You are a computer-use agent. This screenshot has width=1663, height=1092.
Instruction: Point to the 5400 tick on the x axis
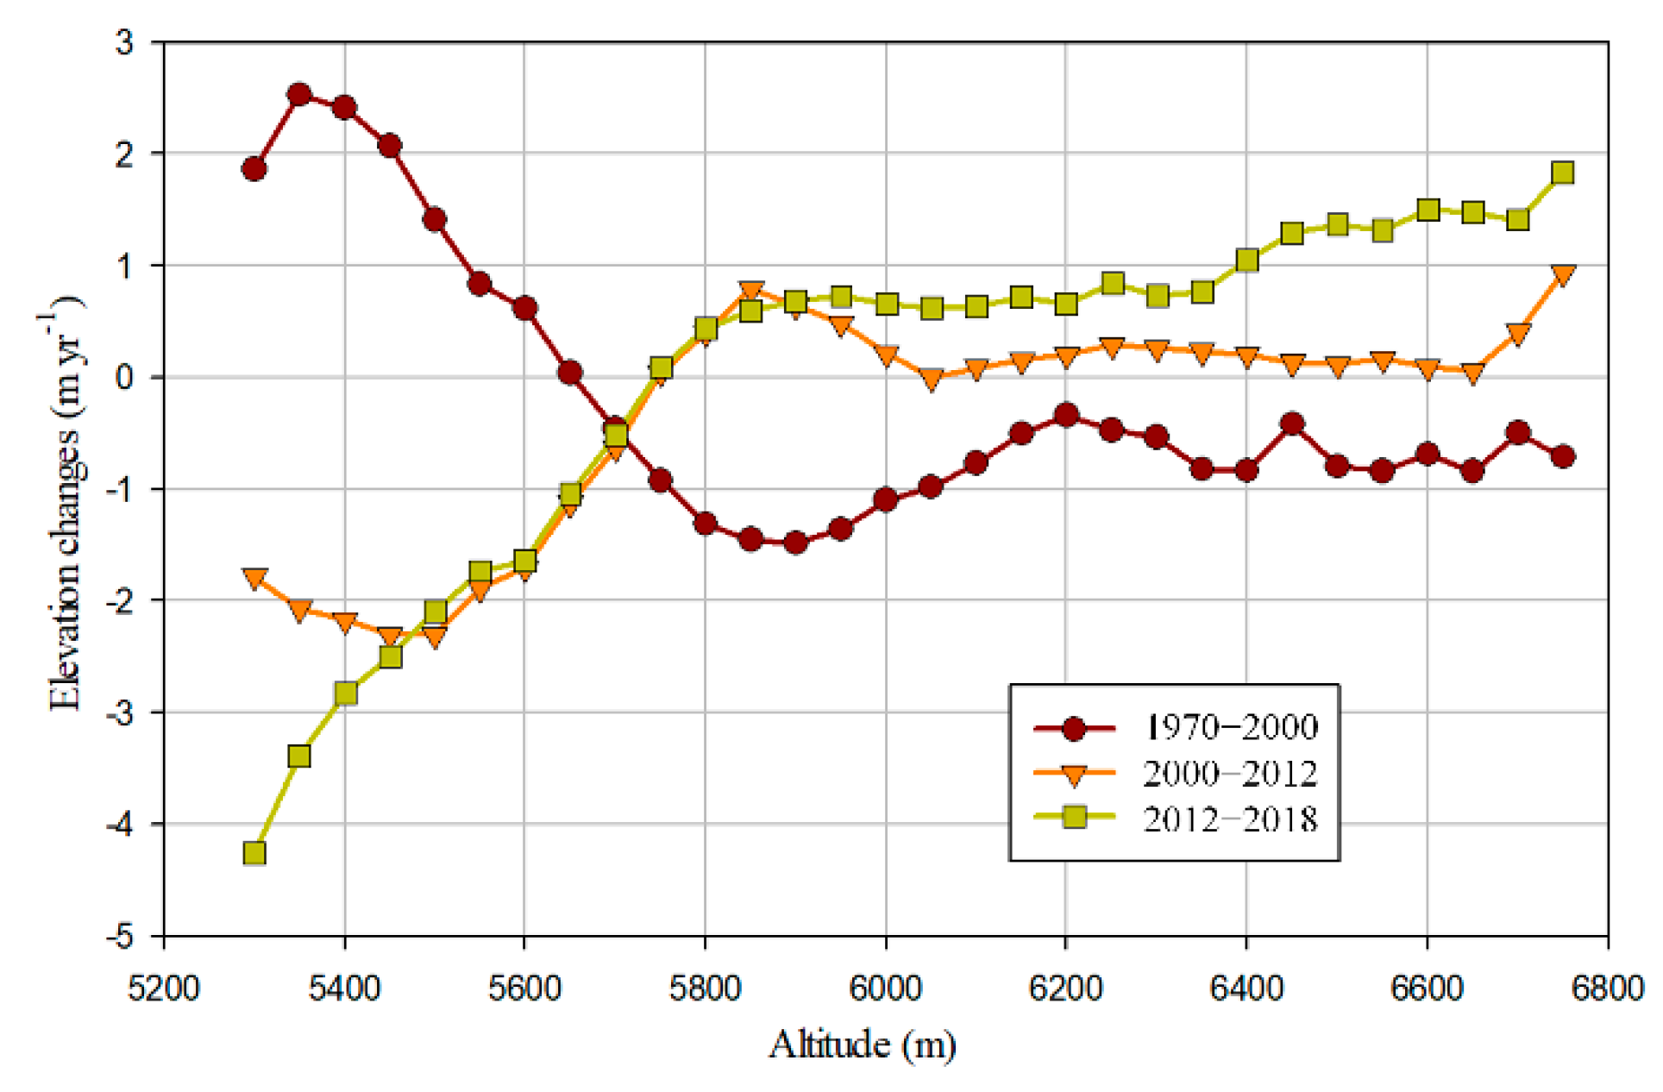coord(344,987)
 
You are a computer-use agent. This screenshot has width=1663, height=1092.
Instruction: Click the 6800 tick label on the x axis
coord(1607,987)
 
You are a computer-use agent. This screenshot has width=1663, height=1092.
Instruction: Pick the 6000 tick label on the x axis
coord(885,987)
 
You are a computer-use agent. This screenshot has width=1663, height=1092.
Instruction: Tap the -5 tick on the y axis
coord(123,936)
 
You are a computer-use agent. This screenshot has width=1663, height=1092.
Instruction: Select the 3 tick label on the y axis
coord(125,41)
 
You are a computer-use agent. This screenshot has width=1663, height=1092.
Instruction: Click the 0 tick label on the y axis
coord(125,377)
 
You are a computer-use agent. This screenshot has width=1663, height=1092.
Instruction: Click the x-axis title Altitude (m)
coord(863,1045)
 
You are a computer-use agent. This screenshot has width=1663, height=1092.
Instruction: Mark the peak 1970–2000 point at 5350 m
coord(299,95)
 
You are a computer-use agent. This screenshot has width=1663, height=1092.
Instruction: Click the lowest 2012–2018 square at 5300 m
coord(254,853)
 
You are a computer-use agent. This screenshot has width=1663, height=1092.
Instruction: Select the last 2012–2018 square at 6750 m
coord(1562,173)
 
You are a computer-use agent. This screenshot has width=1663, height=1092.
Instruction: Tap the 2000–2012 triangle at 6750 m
coord(1562,275)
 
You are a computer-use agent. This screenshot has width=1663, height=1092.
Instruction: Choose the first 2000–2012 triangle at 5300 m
coord(254,578)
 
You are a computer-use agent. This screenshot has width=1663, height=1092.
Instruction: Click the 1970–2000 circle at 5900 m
coord(795,543)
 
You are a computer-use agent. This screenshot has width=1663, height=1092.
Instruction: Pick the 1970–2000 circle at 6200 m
coord(1066,415)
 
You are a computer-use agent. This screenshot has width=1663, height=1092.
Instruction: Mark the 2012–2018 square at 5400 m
coord(345,693)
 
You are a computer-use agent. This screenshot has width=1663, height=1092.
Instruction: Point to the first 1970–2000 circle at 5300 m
coord(254,169)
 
